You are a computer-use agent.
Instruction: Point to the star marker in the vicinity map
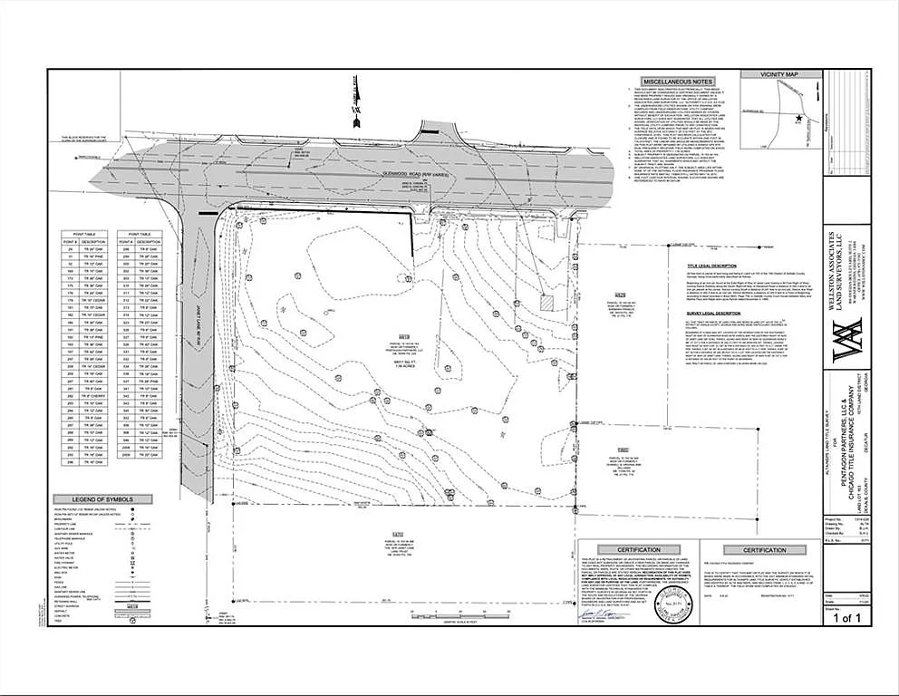pyautogui.click(x=798, y=119)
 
